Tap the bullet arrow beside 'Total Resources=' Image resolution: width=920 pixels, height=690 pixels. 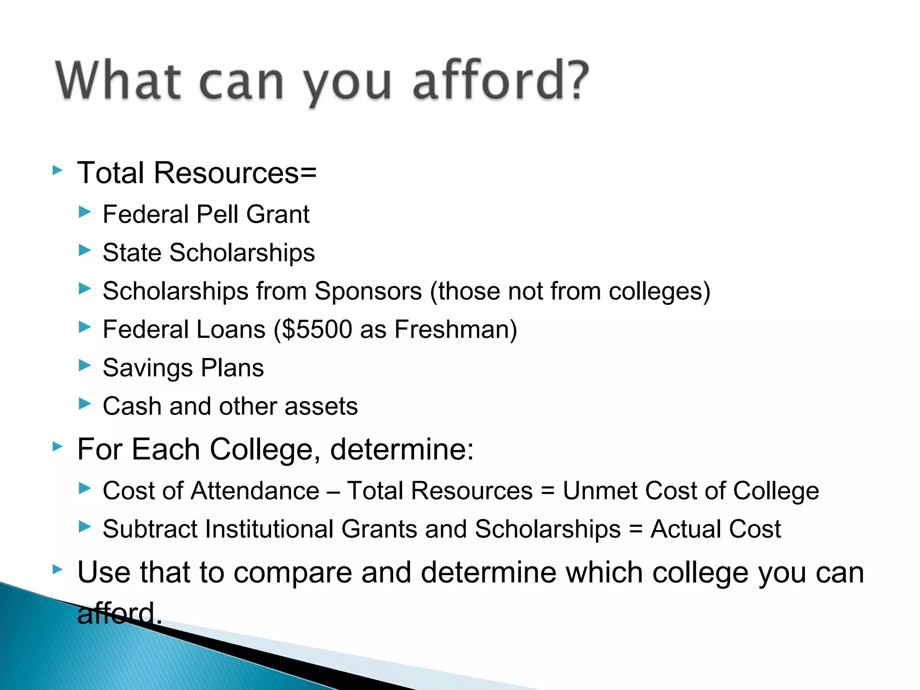click(57, 170)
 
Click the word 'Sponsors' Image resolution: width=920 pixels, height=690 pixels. click(368, 291)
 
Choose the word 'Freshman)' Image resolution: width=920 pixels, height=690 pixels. click(456, 329)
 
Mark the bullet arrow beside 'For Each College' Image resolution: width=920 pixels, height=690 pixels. click(57, 447)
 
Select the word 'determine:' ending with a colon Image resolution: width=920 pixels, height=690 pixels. click(402, 449)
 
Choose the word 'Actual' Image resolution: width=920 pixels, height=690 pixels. click(685, 529)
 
